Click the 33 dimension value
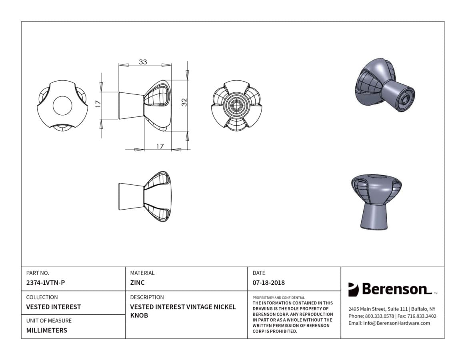[x=143, y=62]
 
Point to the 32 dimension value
[x=184, y=102]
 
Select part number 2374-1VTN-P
[x=46, y=283]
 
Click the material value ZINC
[x=137, y=283]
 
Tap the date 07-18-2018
[x=269, y=283]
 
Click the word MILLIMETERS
[x=47, y=330]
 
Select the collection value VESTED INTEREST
[x=54, y=307]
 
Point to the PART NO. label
[x=38, y=273]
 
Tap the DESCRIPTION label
[x=147, y=297]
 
